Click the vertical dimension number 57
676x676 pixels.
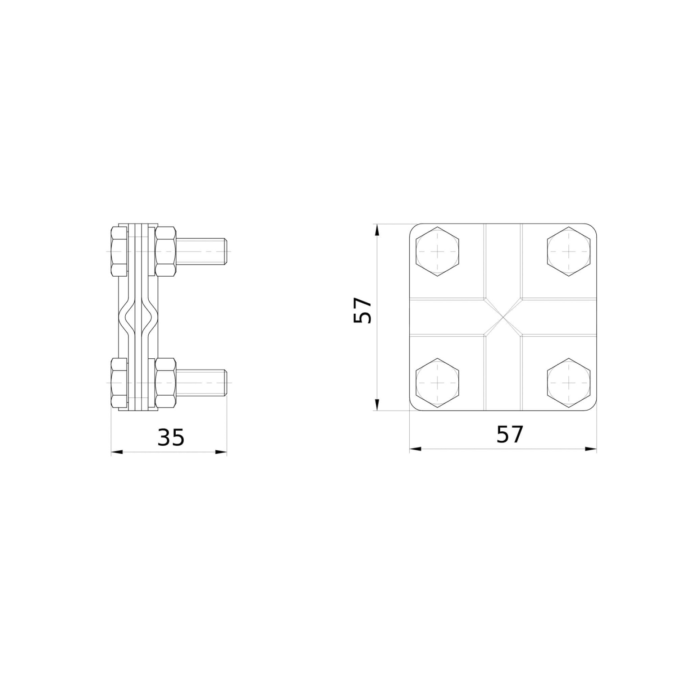pyautogui.click(x=362, y=310)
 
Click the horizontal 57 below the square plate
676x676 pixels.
pyautogui.click(x=510, y=434)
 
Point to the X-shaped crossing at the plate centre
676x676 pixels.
pyautogui.click(x=503, y=317)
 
